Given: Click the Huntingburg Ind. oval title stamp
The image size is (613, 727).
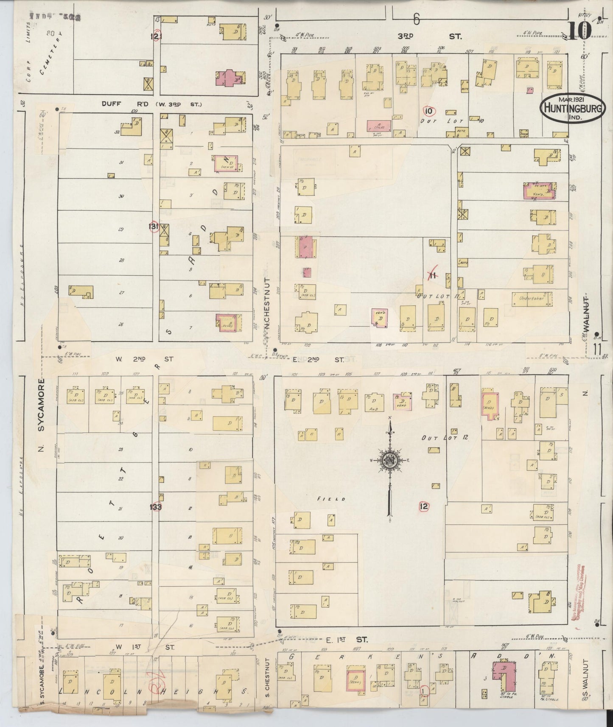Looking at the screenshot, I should pyautogui.click(x=573, y=108).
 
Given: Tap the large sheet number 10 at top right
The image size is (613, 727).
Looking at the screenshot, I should pyautogui.click(x=579, y=30).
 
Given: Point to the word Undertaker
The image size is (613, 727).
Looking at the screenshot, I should pyautogui.click(x=528, y=299).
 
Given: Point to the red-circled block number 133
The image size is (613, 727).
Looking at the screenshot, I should pyautogui.click(x=156, y=506).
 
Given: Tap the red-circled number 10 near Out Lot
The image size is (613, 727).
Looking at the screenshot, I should pyautogui.click(x=429, y=111).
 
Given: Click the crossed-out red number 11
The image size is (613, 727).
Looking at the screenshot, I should pyautogui.click(x=432, y=276).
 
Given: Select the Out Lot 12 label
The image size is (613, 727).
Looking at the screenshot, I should pyautogui.click(x=445, y=437).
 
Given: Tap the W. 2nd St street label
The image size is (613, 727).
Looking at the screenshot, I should pyautogui.click(x=144, y=359).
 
